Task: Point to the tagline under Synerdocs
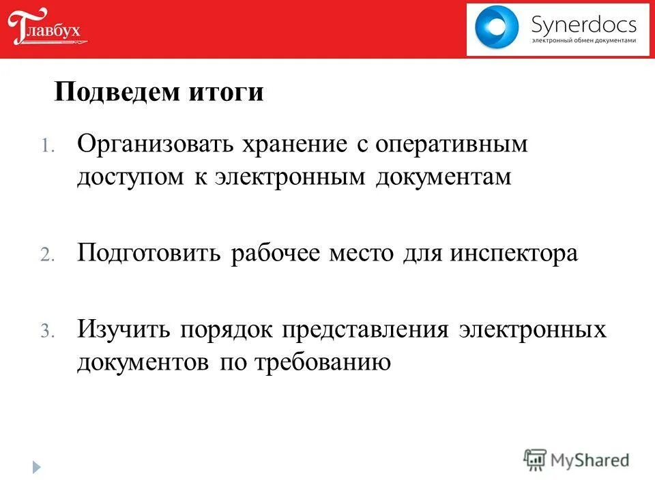583,41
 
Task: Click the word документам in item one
443,177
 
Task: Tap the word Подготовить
149,254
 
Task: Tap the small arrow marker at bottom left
36,467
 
